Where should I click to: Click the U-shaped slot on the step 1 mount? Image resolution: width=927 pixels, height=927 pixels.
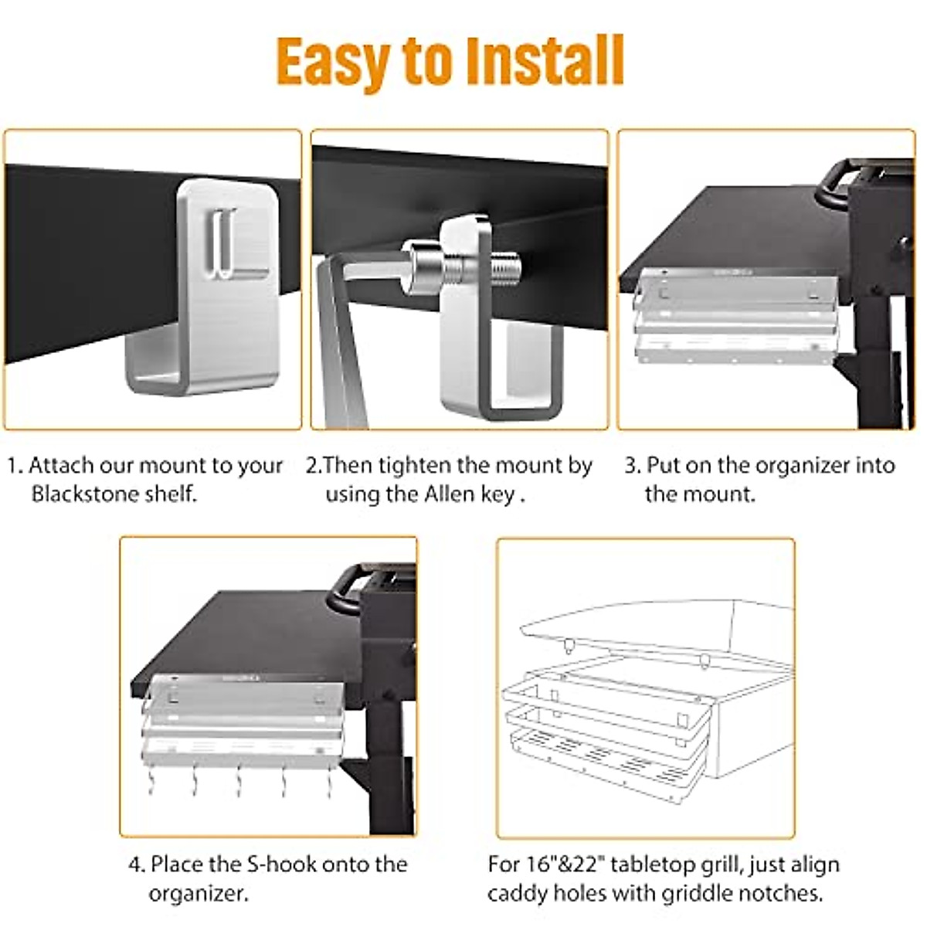(222, 243)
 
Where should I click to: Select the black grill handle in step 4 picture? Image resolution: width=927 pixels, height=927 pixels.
(348, 587)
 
